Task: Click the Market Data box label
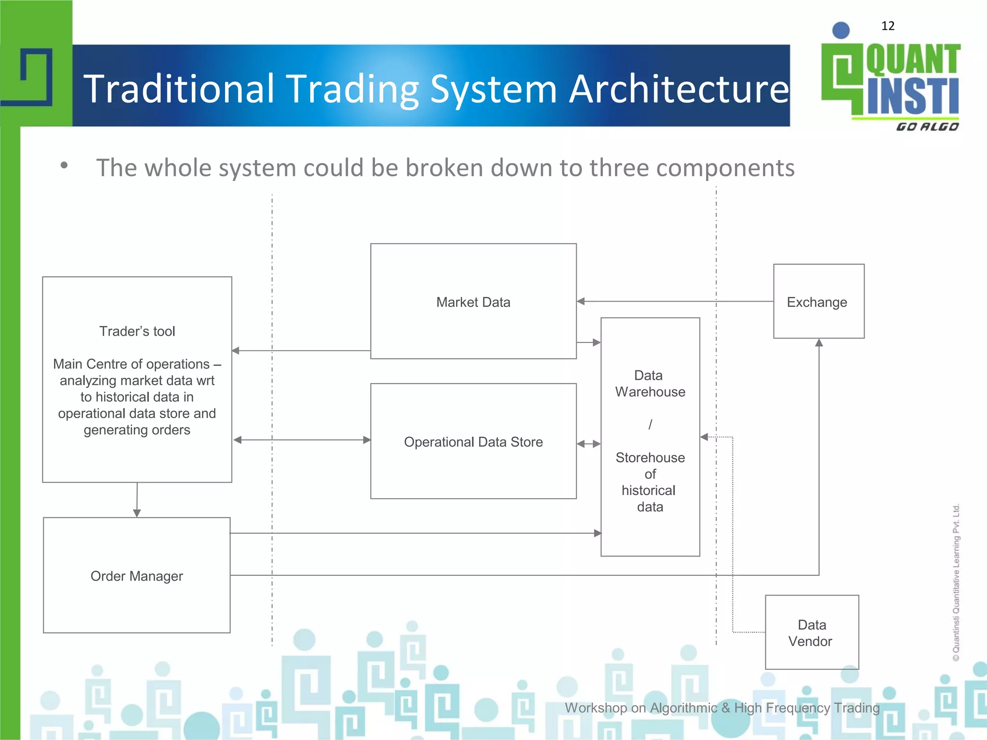click(x=473, y=302)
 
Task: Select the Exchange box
click(x=818, y=302)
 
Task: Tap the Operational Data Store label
click(x=473, y=442)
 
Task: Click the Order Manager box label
click(x=136, y=576)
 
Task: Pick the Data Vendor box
click(x=811, y=633)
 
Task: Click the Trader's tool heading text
click(x=137, y=331)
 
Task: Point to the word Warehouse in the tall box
click(x=650, y=392)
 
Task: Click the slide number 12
click(x=887, y=26)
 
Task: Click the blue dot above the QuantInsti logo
click(x=840, y=30)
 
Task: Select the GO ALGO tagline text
click(x=927, y=127)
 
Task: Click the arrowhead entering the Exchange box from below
click(x=818, y=343)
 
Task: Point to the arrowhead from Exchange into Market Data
click(x=581, y=302)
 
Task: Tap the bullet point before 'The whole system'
click(x=64, y=166)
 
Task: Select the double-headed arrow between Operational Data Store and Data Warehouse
click(x=588, y=444)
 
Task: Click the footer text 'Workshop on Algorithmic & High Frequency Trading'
click(x=721, y=708)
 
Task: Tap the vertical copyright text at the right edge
click(x=956, y=582)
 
